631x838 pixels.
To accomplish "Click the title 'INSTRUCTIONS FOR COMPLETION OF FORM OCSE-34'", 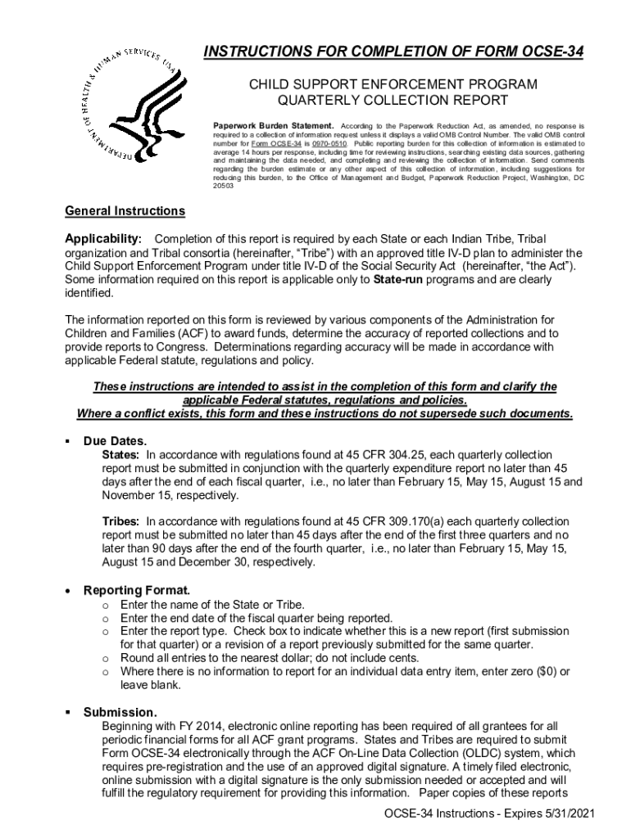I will tap(393, 52).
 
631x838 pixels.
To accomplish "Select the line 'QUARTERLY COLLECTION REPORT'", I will tap(393, 101).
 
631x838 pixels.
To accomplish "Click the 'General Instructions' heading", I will tap(125, 211).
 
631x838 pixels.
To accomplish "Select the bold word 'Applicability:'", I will tap(103, 238).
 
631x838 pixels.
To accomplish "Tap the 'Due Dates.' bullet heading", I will tap(116, 441).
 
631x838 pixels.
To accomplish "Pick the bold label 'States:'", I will tap(120, 454).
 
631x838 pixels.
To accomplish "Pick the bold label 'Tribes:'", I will tap(120, 521).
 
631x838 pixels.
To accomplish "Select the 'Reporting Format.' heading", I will tap(137, 590).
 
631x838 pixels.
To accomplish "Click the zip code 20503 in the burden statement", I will tap(223, 186).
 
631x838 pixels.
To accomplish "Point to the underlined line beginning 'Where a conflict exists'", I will tap(325, 413).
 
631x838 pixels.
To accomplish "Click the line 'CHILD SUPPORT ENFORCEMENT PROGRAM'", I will tap(393, 84).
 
